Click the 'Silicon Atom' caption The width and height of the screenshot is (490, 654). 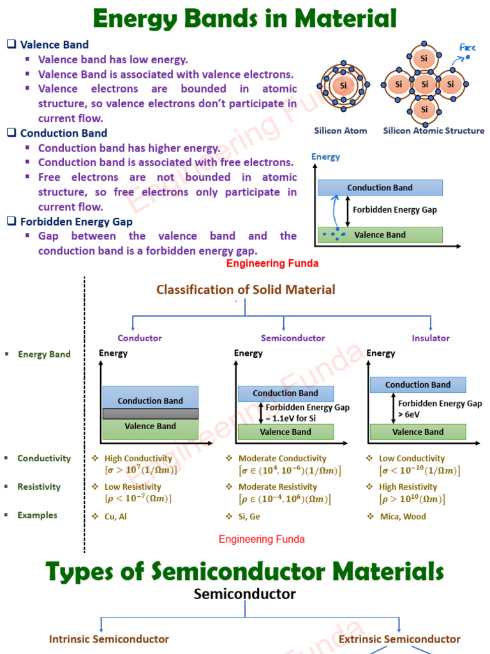coord(340,131)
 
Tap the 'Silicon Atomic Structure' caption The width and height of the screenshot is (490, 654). coord(433,131)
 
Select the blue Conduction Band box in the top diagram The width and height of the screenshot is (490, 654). coord(380,188)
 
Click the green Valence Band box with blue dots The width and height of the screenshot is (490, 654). coord(380,234)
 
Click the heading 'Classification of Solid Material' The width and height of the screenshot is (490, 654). coord(246,289)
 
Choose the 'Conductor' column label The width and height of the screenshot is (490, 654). coord(140,338)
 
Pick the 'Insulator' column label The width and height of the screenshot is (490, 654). coord(431,338)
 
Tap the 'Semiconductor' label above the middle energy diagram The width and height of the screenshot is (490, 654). coord(293,338)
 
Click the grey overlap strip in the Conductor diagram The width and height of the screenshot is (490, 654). coord(151,414)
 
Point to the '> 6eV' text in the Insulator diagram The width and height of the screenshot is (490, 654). coord(411,414)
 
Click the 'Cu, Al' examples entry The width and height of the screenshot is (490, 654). coord(115,517)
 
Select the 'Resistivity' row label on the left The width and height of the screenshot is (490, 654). coord(39,487)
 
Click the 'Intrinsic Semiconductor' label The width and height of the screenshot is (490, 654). coord(109,639)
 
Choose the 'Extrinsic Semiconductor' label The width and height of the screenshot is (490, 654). coord(399,639)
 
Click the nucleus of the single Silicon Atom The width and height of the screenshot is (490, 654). coord(343,85)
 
